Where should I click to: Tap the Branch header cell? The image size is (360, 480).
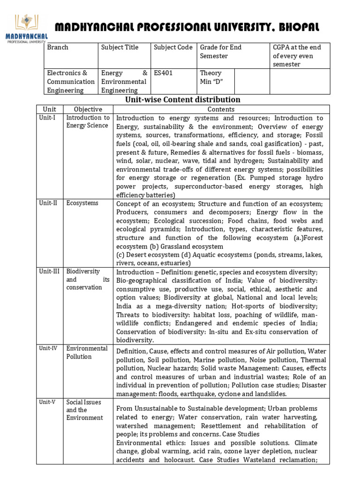[x=58, y=47]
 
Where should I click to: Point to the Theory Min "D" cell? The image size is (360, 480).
[x=211, y=77]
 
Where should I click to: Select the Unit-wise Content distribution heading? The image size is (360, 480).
[x=182, y=99]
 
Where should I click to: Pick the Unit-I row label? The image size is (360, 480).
[x=47, y=118]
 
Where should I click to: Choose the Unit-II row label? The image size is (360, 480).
[x=48, y=203]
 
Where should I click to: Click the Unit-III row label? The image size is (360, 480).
[x=49, y=271]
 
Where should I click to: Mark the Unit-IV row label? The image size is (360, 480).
[x=49, y=348]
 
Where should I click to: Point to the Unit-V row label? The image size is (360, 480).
[x=48, y=402]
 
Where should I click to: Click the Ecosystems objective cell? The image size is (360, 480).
[x=82, y=203]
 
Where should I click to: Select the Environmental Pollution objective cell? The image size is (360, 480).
[x=87, y=352]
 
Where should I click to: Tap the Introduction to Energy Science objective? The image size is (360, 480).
[x=88, y=121]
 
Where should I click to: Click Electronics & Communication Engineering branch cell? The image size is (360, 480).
[x=68, y=82]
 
